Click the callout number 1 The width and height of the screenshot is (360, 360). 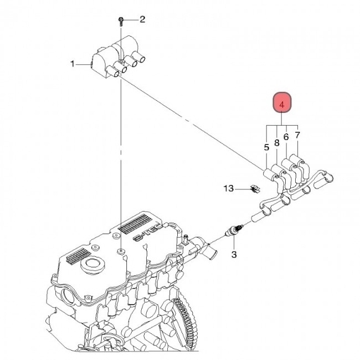(73, 64)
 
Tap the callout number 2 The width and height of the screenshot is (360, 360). (142, 19)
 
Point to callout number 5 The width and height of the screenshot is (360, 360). (266, 147)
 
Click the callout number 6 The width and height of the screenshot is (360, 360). (286, 137)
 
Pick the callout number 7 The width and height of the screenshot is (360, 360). (297, 135)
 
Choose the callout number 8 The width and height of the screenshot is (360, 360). (277, 143)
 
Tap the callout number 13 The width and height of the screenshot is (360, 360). (229, 188)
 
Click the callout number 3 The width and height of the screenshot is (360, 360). (234, 254)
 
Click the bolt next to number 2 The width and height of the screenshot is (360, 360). (121, 22)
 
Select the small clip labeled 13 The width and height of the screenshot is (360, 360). (255, 189)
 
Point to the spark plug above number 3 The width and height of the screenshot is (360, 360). (234, 230)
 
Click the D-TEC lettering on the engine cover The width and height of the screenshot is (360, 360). (148, 233)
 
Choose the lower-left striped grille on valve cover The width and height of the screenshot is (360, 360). (79, 255)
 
